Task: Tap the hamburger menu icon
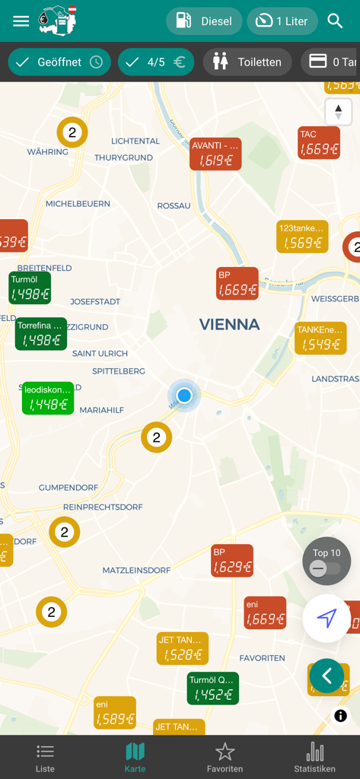21,21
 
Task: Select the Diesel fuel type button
204,21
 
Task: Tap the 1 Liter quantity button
282,21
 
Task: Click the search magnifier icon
336,21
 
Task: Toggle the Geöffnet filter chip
59,62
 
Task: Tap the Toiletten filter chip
247,62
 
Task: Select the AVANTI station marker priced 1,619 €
215,154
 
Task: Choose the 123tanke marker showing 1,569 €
302,237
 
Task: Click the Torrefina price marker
41,334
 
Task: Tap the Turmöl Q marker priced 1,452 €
213,688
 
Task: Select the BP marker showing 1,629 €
232,561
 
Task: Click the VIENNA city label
229,325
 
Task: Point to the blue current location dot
184,396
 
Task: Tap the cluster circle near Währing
72,133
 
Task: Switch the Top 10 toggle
326,568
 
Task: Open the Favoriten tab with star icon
225,757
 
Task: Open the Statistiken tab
314,757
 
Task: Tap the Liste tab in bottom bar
45,757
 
